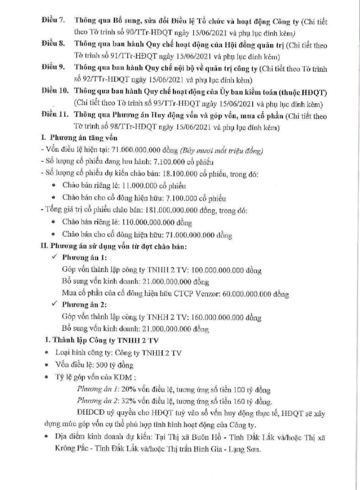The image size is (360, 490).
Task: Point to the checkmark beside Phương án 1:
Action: coord(54,257)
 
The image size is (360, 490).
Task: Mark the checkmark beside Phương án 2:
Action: coord(54,305)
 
